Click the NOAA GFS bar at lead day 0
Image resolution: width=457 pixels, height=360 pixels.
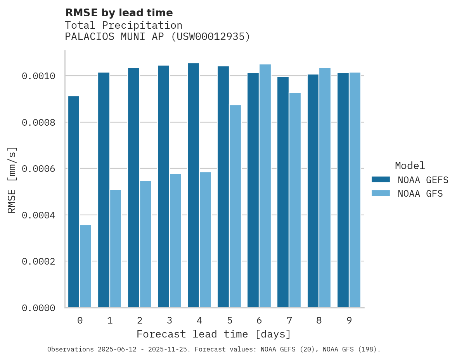click(x=86, y=266)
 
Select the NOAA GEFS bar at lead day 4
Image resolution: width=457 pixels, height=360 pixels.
click(x=193, y=185)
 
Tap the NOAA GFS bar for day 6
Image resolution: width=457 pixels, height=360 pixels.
click(x=265, y=186)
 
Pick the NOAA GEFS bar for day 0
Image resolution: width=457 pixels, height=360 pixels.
click(x=74, y=202)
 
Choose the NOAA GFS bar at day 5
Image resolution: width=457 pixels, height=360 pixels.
click(x=235, y=206)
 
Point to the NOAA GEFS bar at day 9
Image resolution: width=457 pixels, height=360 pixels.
click(x=343, y=190)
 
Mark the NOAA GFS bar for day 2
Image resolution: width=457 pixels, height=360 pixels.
click(x=145, y=244)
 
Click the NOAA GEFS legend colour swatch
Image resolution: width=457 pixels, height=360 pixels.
click(x=381, y=180)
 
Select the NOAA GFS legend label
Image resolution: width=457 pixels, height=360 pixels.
click(x=420, y=194)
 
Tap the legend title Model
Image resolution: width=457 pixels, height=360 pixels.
click(x=410, y=166)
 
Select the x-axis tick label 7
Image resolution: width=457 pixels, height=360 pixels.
click(x=289, y=320)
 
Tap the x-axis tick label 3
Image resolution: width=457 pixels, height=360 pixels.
click(x=170, y=320)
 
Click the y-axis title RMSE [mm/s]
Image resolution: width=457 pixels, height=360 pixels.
click(x=12, y=180)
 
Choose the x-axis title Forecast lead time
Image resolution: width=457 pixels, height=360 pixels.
click(x=213, y=334)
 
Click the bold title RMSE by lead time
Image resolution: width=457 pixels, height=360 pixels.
click(x=119, y=13)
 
